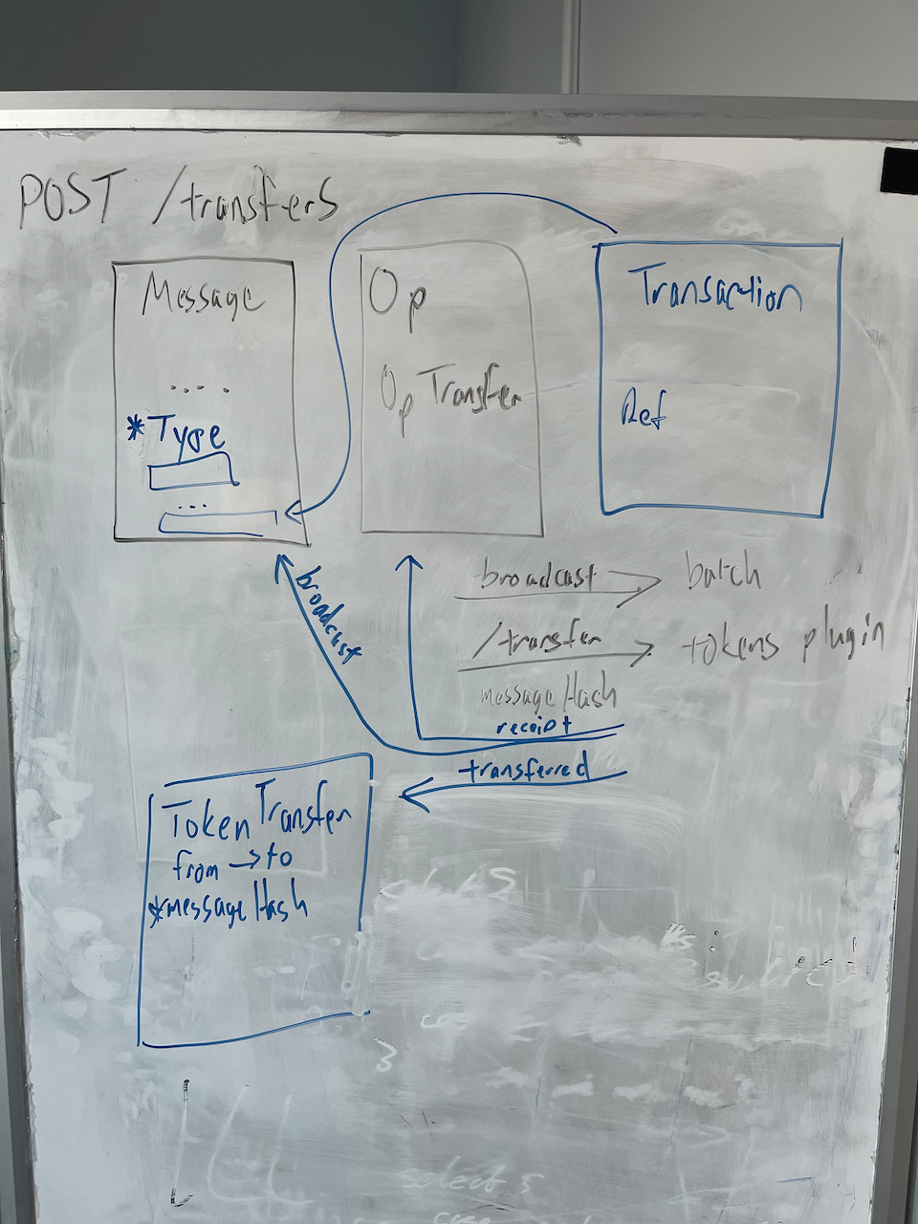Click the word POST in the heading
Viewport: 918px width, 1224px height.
pyautogui.click(x=67, y=201)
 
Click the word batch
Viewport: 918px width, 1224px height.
pyautogui.click(x=723, y=574)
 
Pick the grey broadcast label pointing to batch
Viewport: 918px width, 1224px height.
pyautogui.click(x=537, y=577)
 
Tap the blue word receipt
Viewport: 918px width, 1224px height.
pyautogui.click(x=534, y=726)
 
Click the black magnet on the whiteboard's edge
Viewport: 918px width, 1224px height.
pyautogui.click(x=899, y=170)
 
